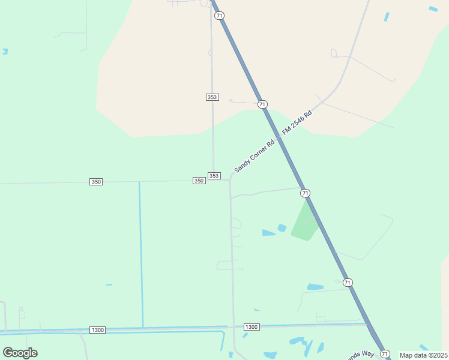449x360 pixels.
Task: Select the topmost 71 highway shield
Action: (219, 16)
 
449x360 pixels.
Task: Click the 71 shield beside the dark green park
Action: (306, 193)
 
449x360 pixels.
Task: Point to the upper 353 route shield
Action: (211, 97)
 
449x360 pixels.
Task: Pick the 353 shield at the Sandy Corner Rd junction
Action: (214, 176)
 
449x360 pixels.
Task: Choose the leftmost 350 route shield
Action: (96, 182)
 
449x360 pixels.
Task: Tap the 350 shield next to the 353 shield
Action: (199, 181)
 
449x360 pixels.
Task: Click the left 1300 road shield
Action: (97, 330)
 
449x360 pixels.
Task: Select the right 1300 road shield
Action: (252, 327)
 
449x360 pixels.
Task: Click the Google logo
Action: (20, 353)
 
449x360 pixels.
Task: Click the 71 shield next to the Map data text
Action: (385, 354)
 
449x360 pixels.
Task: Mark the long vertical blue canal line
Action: (141, 252)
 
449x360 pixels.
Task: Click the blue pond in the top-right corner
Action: (433, 8)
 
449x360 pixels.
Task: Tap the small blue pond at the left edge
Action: (5, 52)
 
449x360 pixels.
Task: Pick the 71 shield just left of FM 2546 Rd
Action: (262, 104)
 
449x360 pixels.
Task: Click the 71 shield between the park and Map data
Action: (348, 282)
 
